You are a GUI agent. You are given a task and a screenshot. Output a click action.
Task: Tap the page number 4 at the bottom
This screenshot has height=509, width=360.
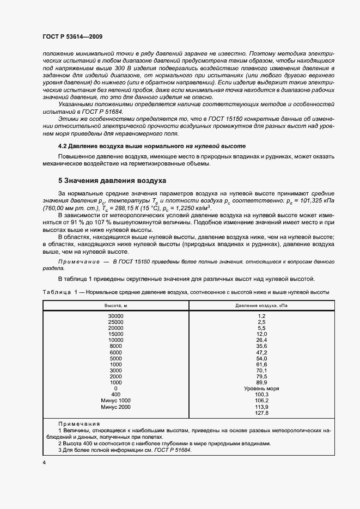(x=44, y=463)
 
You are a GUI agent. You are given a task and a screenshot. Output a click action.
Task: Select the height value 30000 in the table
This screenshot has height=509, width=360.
(x=115, y=316)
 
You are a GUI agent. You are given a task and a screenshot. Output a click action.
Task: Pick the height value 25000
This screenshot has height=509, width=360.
(x=115, y=322)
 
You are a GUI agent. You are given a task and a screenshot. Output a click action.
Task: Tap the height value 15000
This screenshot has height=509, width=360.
(x=115, y=334)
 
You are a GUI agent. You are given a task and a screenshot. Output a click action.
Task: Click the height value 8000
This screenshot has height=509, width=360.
(x=115, y=346)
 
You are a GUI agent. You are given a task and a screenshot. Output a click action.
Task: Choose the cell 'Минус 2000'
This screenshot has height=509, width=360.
(x=115, y=407)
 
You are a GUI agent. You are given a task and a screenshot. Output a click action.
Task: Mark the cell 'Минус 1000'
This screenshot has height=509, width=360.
(x=115, y=401)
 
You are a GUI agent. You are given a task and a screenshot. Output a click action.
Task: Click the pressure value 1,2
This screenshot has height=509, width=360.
(x=261, y=316)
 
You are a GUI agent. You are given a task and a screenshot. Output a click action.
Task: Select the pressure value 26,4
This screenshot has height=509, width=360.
(x=261, y=340)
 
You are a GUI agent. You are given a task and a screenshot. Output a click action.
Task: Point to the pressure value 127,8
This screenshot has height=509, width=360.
(x=261, y=413)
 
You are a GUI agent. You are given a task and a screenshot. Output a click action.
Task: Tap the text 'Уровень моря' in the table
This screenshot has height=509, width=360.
(x=261, y=389)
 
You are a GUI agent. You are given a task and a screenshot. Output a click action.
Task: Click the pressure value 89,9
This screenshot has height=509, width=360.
(x=261, y=383)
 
